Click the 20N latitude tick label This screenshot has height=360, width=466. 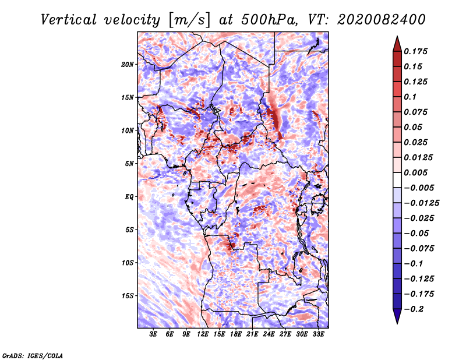pos(128,65)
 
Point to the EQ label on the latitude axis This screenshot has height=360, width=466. pos(129,197)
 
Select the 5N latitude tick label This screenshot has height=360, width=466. pos(129,164)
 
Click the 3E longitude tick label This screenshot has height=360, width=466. pos(153,334)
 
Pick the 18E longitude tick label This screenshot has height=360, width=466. pos(236,334)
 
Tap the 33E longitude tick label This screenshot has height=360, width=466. pos(318,334)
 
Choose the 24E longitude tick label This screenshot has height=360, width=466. pos(269,334)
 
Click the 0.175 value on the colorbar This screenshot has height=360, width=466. pos(415,51)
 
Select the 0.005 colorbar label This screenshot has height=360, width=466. pos(415,172)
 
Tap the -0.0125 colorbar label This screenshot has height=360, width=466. pos(421,203)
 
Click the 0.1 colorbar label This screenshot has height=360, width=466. pos(410,97)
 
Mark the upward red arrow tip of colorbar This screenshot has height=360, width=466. pos(397,37)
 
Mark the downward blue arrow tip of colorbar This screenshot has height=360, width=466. pos(397,323)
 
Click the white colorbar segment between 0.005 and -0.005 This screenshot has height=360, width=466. pos(397,180)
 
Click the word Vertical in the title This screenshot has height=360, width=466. pos(69,20)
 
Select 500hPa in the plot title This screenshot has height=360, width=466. pos(269,20)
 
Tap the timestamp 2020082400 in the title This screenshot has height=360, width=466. pos(382,20)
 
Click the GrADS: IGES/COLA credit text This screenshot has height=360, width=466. pos(33,355)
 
